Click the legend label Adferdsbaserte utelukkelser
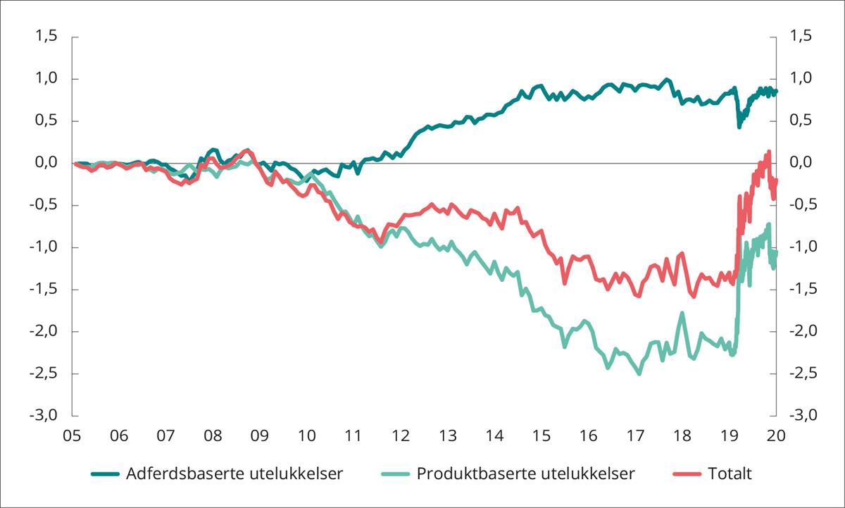(234, 473)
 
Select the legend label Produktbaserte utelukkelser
(525, 473)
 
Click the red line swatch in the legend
(685, 473)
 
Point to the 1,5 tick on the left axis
(46, 37)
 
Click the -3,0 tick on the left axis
(44, 416)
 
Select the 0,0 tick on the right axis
(802, 163)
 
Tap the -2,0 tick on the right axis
(802, 331)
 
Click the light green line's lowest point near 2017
(639, 373)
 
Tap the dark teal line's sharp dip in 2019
(739, 127)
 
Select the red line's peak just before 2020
(768, 151)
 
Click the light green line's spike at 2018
(682, 313)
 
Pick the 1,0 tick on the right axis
(802, 78)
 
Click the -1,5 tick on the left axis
(44, 289)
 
